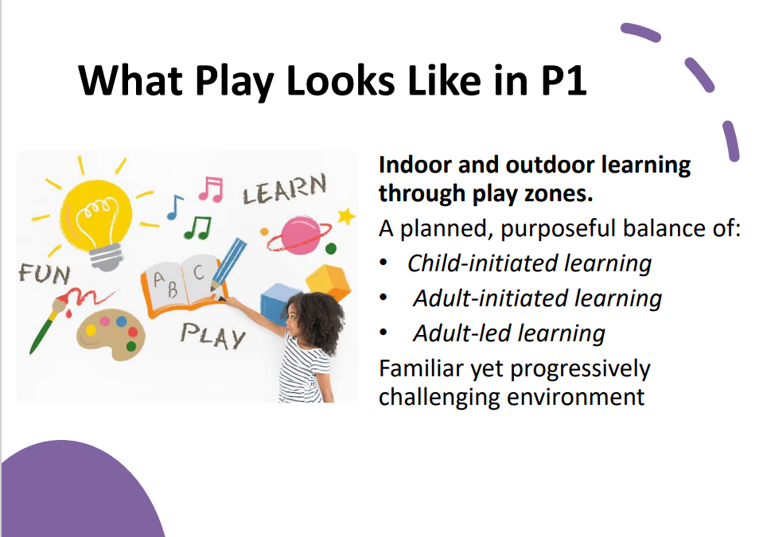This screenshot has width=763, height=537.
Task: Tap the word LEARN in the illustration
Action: click(x=285, y=189)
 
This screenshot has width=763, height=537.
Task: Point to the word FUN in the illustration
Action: click(x=45, y=274)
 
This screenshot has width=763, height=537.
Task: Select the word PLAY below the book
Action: click(x=212, y=335)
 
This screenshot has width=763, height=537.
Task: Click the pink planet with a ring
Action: click(x=299, y=235)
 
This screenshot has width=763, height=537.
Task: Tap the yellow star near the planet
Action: click(x=346, y=216)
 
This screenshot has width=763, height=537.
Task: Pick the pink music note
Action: click(x=211, y=189)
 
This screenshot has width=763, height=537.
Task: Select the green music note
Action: click(x=197, y=228)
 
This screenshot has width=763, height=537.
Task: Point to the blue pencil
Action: click(x=228, y=265)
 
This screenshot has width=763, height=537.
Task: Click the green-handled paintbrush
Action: click(x=47, y=325)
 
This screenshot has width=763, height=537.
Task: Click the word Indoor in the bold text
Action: click(x=415, y=165)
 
